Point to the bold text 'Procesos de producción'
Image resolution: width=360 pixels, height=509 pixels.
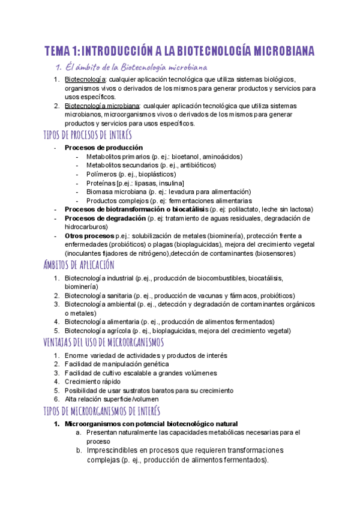(x=104, y=148)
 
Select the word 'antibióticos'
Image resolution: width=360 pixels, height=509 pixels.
(x=194, y=165)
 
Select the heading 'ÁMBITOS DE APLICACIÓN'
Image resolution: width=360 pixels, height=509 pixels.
(x=79, y=265)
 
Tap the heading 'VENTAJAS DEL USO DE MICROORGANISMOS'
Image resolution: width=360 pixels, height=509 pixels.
(x=104, y=342)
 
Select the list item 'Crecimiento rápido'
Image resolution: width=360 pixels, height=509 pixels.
(x=92, y=381)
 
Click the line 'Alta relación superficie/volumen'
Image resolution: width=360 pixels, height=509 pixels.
(x=112, y=399)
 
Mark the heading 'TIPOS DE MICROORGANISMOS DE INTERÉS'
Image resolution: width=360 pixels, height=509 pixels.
(x=102, y=411)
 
